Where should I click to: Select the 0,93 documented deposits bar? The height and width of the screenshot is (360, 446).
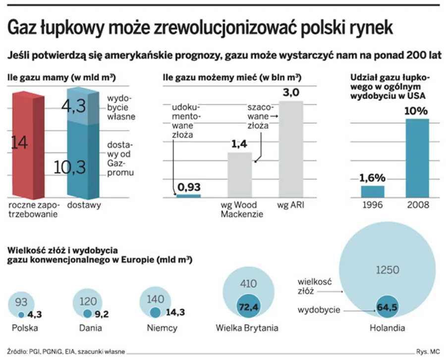point(188,196)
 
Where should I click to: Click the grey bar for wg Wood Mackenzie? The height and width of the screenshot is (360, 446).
point(239,174)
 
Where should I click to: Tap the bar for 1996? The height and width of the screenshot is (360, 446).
point(372,192)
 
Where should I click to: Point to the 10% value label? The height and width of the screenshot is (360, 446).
point(418,111)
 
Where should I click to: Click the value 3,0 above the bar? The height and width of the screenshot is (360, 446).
point(290,93)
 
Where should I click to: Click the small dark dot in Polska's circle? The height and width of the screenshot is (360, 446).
point(21,315)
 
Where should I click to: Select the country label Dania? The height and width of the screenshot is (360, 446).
point(91,328)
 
